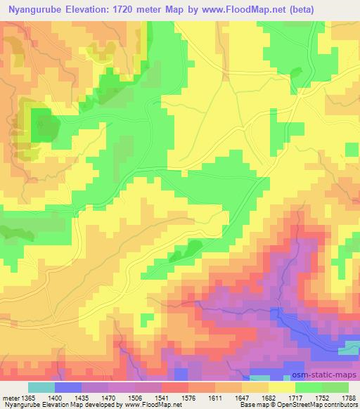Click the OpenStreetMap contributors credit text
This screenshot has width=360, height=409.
tap(323, 405)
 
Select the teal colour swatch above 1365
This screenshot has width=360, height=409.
tap(41, 387)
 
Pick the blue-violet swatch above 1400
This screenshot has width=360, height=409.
tap(69, 387)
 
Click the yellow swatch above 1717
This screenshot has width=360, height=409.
tap(281, 387)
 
